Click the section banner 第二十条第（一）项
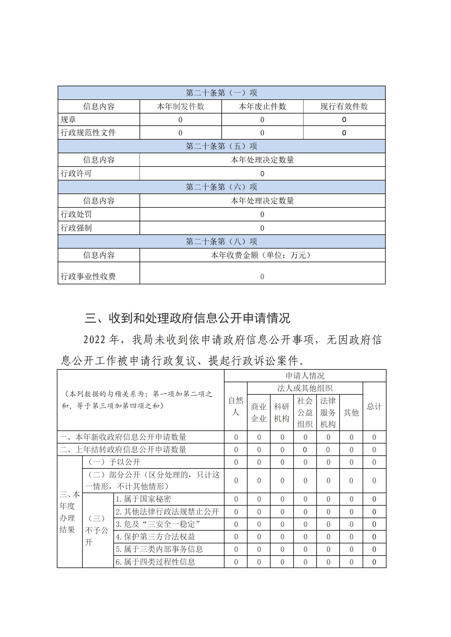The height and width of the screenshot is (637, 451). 221,93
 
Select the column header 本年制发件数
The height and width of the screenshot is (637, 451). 180,106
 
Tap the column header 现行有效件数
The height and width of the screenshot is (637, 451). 344,106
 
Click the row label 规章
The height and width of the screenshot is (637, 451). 68,120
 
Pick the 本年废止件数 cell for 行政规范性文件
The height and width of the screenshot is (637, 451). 262,133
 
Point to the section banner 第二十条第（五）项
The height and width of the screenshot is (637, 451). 221,146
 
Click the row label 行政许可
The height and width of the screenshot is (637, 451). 76,173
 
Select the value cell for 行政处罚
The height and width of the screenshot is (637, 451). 262,215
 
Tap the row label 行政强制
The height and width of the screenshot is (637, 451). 76,228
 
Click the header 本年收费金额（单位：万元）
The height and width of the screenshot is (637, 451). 262,255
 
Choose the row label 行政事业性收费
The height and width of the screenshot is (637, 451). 88,276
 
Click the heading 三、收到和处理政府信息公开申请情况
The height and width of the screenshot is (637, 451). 188,318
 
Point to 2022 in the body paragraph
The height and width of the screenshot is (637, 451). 95,340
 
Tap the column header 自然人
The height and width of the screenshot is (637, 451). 236,406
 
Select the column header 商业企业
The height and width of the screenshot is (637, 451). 259,413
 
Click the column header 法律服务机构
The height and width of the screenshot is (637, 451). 328,412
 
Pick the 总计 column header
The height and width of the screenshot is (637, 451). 374,406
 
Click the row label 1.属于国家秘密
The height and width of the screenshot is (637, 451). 143,499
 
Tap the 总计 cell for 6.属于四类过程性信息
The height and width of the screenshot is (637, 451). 374,562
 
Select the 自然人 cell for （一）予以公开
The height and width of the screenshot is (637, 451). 236,462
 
